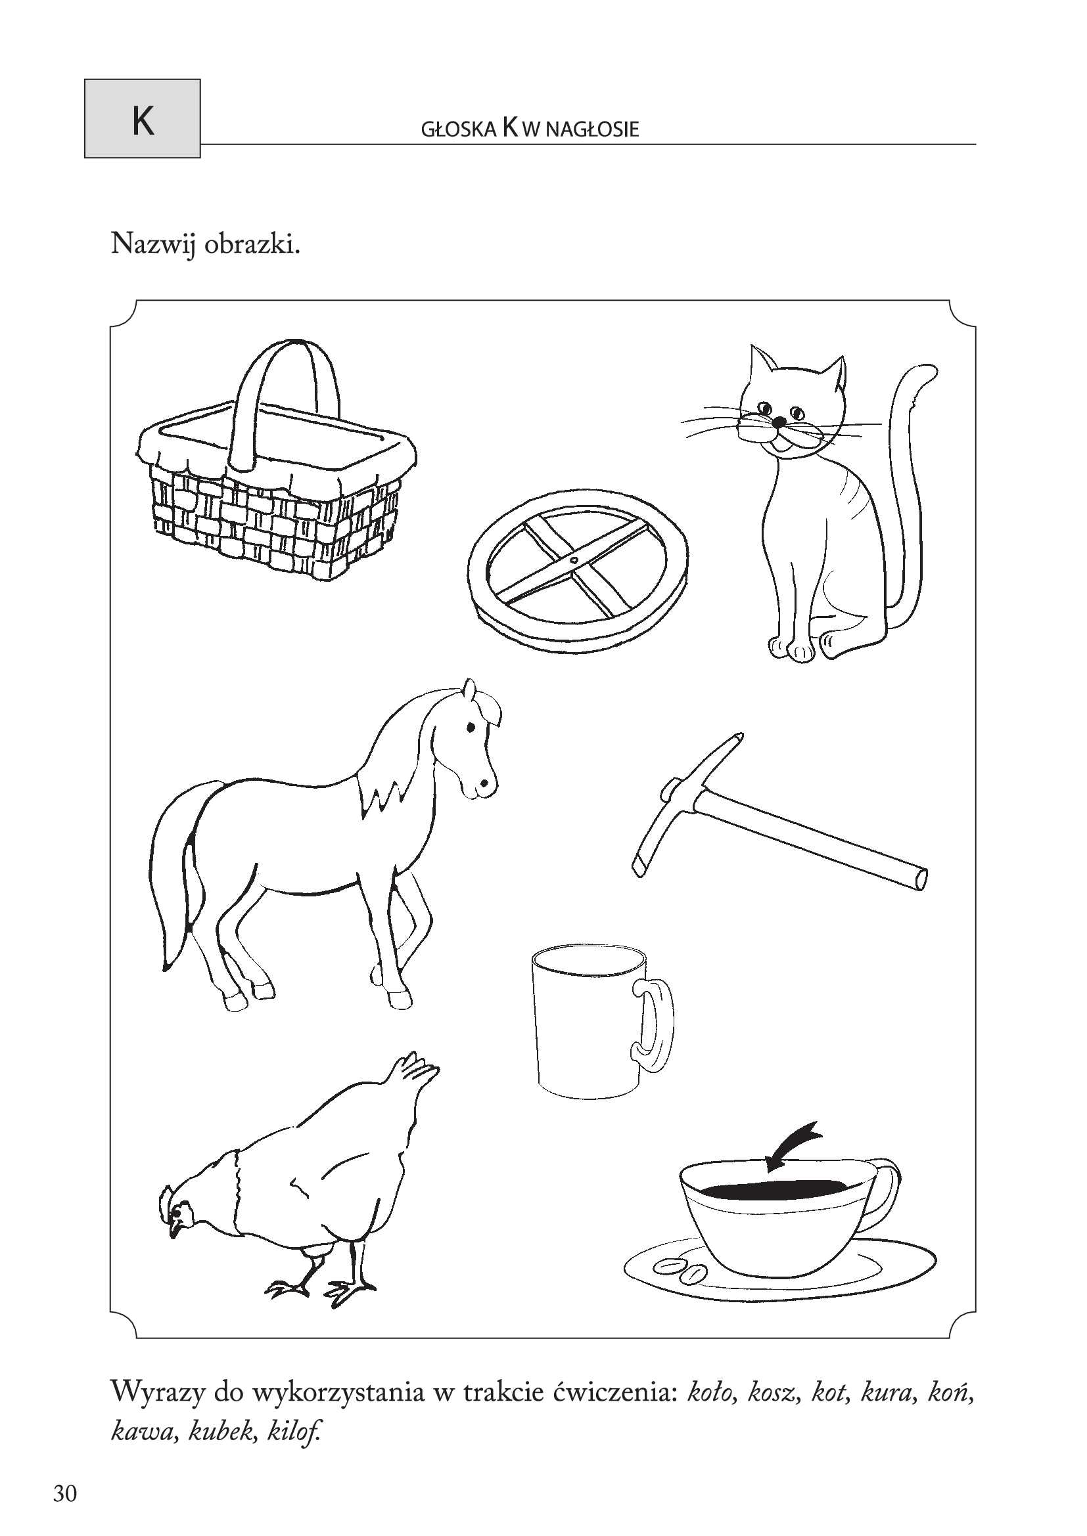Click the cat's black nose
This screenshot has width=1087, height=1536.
pos(777,422)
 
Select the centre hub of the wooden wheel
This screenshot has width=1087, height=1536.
pos(574,558)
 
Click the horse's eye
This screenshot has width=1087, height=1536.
pos(471,726)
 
